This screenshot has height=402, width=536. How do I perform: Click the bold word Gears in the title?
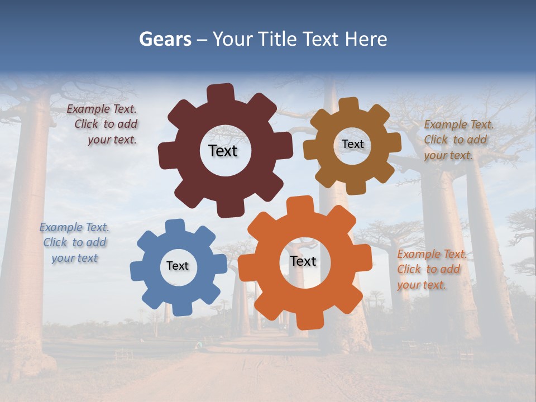tap(165, 39)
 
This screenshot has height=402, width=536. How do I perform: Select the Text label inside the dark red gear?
tap(223, 151)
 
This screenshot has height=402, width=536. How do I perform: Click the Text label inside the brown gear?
tap(352, 144)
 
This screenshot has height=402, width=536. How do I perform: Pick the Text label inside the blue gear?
tap(178, 266)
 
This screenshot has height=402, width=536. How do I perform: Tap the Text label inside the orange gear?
tap(303, 261)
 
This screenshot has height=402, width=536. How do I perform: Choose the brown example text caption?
tap(458, 140)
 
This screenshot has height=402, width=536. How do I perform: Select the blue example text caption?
tap(74, 242)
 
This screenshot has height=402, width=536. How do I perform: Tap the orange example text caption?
tap(432, 269)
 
